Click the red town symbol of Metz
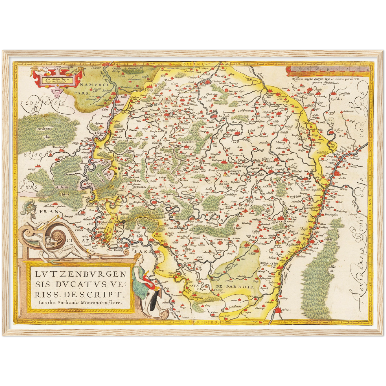point(278,310)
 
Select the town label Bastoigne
point(216,160)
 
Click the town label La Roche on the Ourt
point(224,116)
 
